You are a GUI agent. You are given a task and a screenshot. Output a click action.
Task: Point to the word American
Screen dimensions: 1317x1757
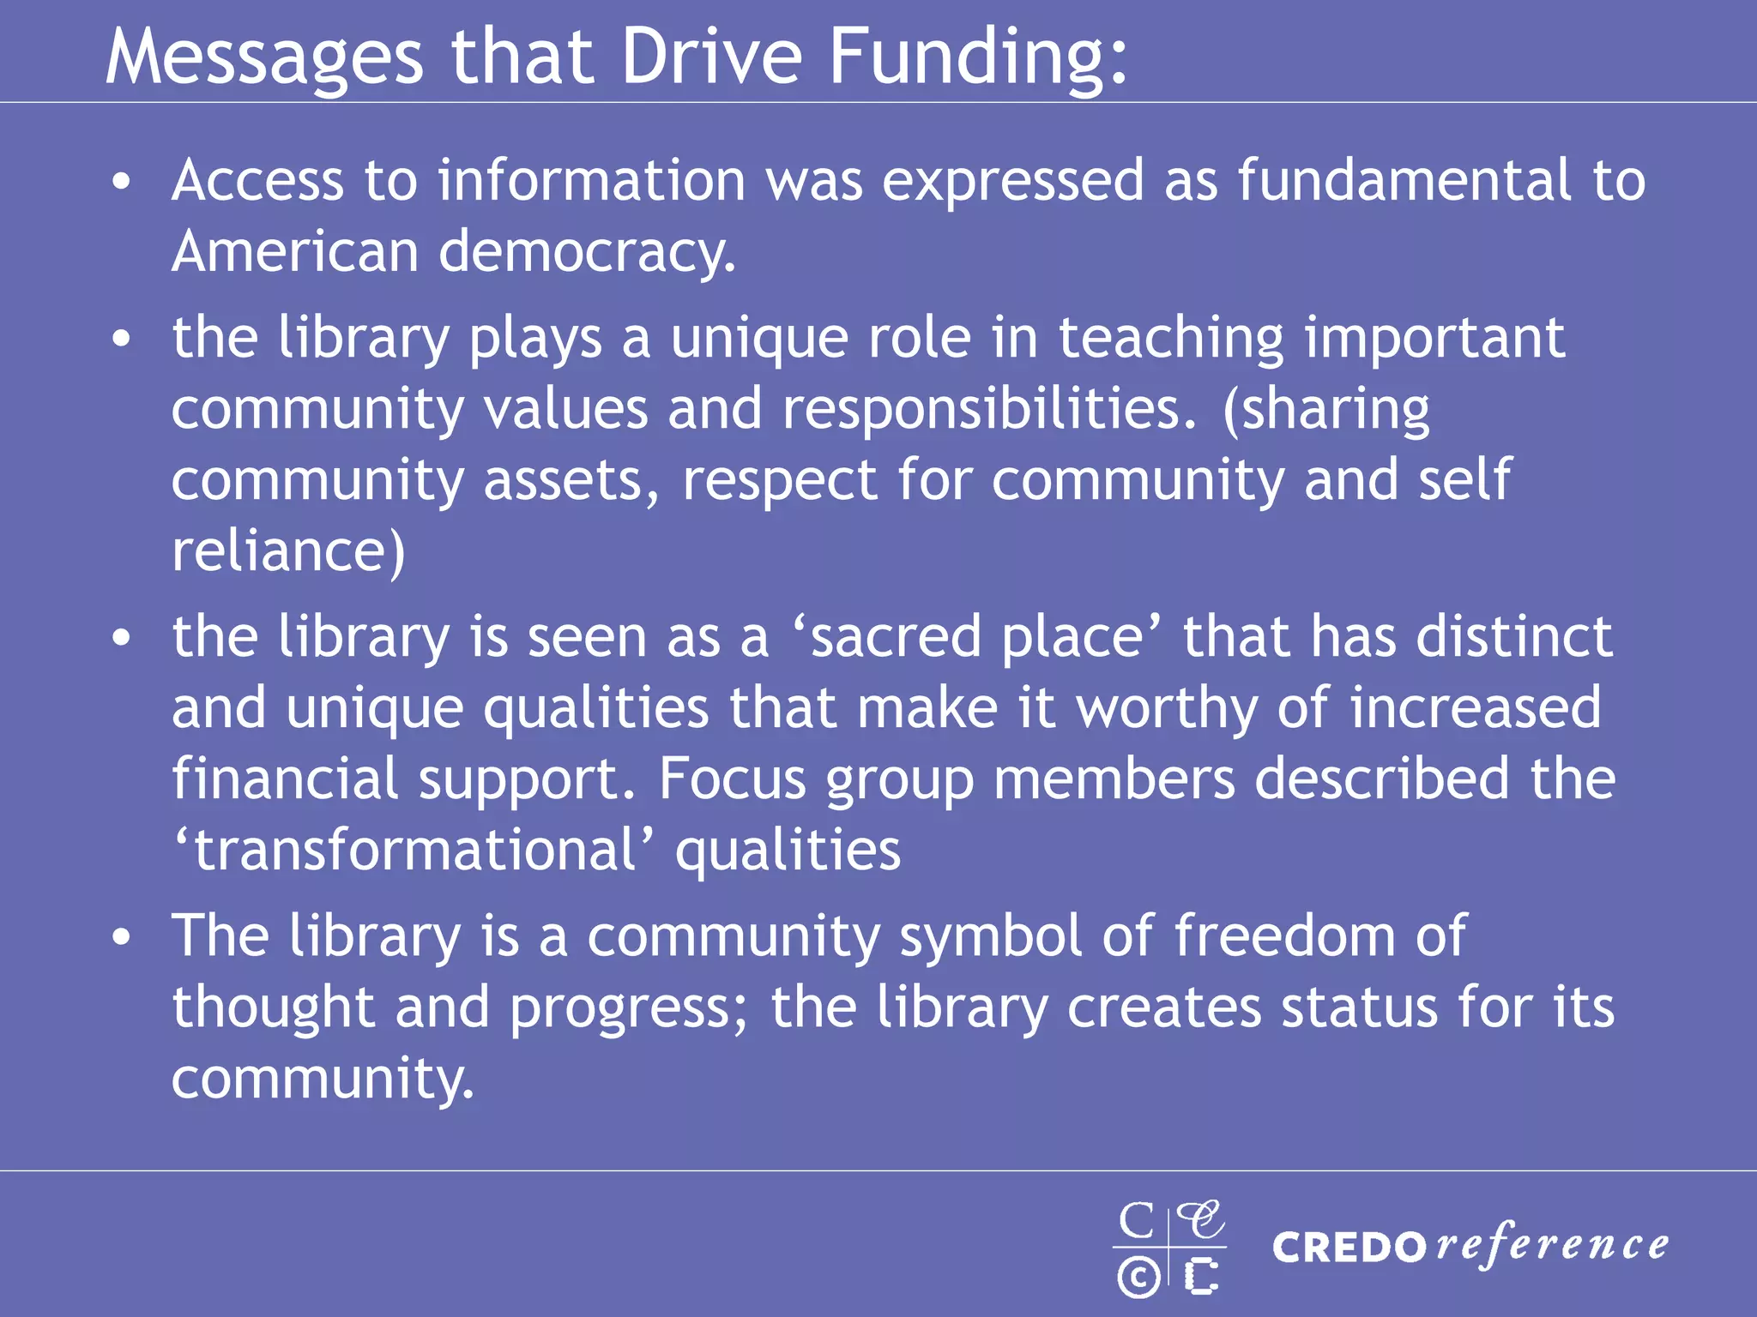[295, 252]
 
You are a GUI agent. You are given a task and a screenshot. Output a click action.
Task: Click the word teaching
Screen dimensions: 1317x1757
[1170, 338]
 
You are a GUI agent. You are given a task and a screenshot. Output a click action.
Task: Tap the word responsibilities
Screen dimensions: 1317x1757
[988, 409]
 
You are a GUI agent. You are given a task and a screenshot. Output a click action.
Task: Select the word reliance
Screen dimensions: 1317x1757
[288, 550]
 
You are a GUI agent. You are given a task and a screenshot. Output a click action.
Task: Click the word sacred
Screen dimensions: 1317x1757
[897, 638]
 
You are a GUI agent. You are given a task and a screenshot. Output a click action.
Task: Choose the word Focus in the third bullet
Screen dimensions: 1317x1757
[732, 779]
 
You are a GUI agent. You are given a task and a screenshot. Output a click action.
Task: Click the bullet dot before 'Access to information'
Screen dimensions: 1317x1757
[122, 183]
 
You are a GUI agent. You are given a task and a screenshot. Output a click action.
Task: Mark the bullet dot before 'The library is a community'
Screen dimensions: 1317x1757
[122, 937]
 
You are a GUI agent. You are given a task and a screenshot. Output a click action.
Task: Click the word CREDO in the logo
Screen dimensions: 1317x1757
[1349, 1248]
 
